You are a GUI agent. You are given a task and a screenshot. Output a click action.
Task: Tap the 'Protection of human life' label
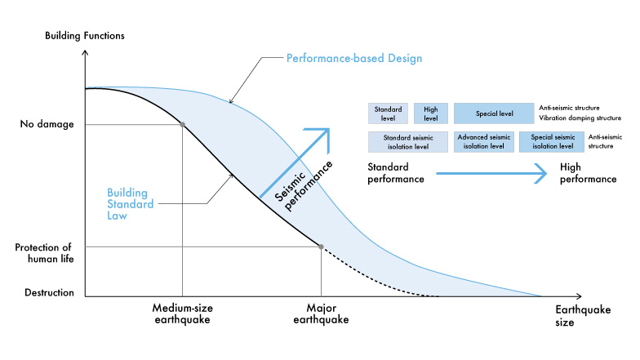pyautogui.click(x=46, y=254)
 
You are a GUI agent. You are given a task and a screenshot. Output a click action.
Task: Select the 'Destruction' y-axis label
pyautogui.click(x=50, y=291)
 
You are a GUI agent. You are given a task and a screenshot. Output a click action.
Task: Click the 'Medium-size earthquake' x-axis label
pyautogui.click(x=182, y=314)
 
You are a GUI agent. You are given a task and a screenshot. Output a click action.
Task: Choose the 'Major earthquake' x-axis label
pyautogui.click(x=321, y=314)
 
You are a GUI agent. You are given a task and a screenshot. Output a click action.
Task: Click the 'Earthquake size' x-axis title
pyautogui.click(x=576, y=316)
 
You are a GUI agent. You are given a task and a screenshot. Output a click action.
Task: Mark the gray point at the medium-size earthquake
pyautogui.click(x=182, y=124)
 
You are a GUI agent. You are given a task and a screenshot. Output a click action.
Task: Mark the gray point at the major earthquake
pyautogui.click(x=321, y=247)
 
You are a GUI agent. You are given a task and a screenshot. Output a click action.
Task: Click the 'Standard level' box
pyautogui.click(x=388, y=113)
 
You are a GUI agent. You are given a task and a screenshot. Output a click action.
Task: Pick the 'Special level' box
pyautogui.click(x=494, y=113)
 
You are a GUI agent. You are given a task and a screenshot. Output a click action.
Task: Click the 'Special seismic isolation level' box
pyautogui.click(x=552, y=142)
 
